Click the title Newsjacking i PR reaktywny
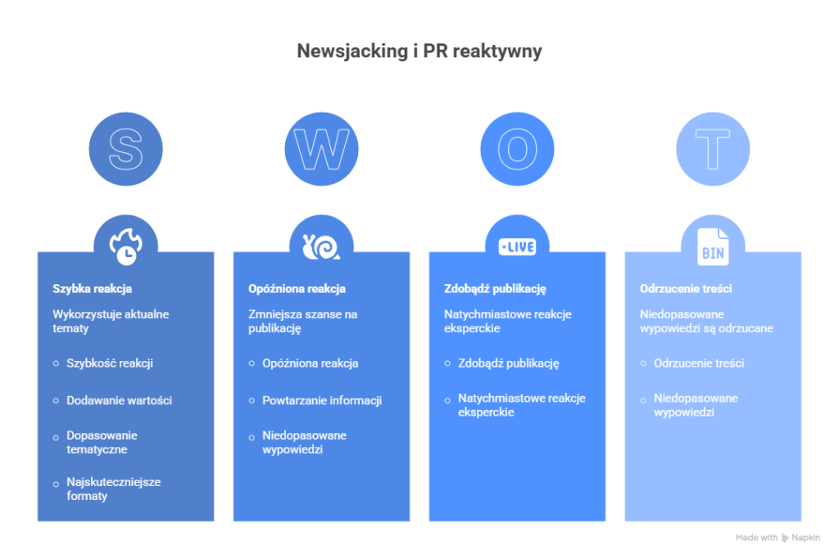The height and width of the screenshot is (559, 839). click(x=419, y=52)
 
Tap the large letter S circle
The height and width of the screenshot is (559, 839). click(x=125, y=149)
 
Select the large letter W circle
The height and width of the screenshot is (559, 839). click(x=321, y=149)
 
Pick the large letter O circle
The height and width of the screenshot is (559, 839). click(x=517, y=149)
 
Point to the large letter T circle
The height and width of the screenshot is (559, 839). click(x=713, y=149)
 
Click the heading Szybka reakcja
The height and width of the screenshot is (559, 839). click(x=92, y=289)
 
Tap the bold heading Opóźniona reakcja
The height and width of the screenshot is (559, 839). click(x=297, y=289)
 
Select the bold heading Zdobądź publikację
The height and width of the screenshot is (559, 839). click(x=495, y=289)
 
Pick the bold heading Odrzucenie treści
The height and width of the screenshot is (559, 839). click(x=686, y=289)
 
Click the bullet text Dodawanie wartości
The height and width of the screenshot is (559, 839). click(x=119, y=400)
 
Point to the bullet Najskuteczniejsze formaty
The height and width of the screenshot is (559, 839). click(x=113, y=489)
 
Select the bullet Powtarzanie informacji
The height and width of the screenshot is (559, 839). click(x=321, y=400)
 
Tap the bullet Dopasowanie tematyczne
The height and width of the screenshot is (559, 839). click(x=102, y=442)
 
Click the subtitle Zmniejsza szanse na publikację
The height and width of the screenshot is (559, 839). click(x=302, y=321)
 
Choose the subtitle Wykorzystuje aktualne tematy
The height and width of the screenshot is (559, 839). click(x=111, y=321)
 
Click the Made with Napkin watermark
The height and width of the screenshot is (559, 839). click(x=778, y=538)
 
